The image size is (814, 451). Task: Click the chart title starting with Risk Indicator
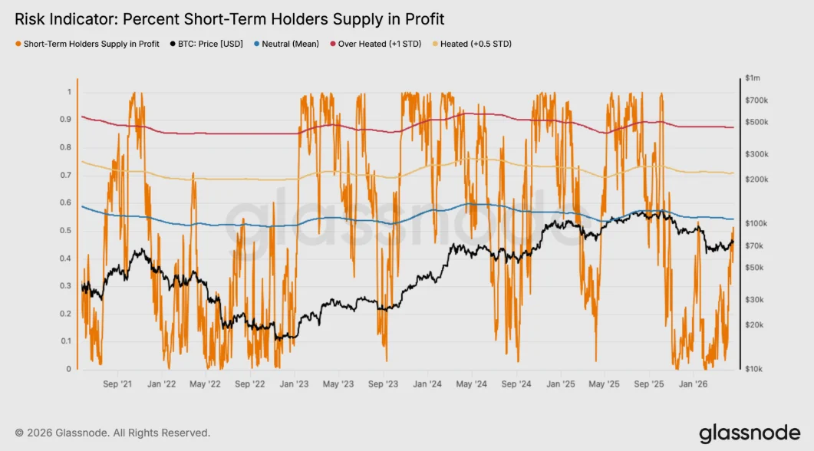229,18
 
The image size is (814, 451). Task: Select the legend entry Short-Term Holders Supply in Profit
91,44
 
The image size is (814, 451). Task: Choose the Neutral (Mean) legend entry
291,44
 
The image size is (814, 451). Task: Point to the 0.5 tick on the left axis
68,231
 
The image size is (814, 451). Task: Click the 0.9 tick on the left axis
68,120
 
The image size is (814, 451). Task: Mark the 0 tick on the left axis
69,369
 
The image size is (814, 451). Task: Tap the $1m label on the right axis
752,78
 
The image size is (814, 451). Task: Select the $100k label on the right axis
755,223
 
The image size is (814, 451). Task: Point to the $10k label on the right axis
753,369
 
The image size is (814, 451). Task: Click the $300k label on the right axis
755,154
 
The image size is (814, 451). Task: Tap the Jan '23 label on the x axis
295,384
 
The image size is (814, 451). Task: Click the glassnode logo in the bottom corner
749,433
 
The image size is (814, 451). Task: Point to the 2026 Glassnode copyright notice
112,433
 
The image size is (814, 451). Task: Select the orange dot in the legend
18,44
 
